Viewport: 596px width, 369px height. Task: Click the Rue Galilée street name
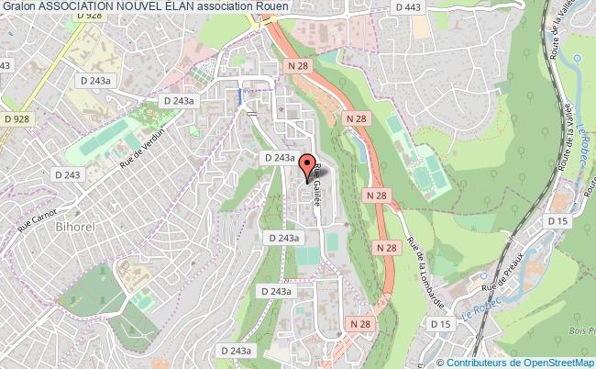pyautogui.click(x=315, y=187)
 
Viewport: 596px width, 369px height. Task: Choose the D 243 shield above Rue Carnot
pyautogui.click(x=68, y=174)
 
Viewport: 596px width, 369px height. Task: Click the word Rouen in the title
pyautogui.click(x=271, y=6)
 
